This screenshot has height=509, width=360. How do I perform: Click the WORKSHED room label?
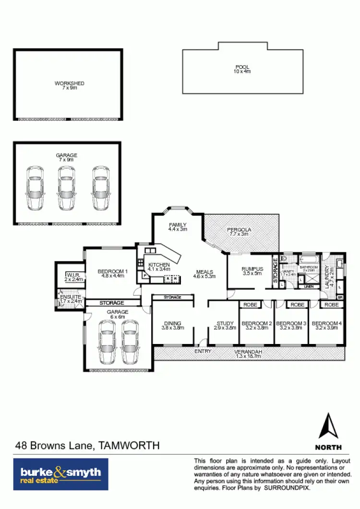pyautogui.click(x=70, y=83)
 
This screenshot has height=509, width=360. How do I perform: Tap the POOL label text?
pyautogui.click(x=242, y=67)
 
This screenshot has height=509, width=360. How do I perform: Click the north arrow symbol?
pyautogui.click(x=329, y=426)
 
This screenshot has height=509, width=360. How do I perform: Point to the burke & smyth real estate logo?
pyautogui.click(x=60, y=474)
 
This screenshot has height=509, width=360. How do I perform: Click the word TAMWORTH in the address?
pyautogui.click(x=129, y=446)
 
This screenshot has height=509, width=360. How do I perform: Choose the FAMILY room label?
pyautogui.click(x=178, y=225)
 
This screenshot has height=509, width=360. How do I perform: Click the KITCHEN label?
pyautogui.click(x=159, y=265)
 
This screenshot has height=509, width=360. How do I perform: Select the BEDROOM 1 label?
pyautogui.click(x=113, y=272)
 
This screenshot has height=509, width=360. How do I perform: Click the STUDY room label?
pyautogui.click(x=225, y=323)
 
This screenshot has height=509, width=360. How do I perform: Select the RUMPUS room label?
pyautogui.click(x=251, y=269)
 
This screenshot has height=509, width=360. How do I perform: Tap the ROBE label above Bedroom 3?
pyautogui.click(x=298, y=305)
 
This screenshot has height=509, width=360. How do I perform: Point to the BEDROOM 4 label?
pyautogui.click(x=327, y=323)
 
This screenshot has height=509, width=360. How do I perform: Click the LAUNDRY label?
pyautogui.click(x=328, y=277)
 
